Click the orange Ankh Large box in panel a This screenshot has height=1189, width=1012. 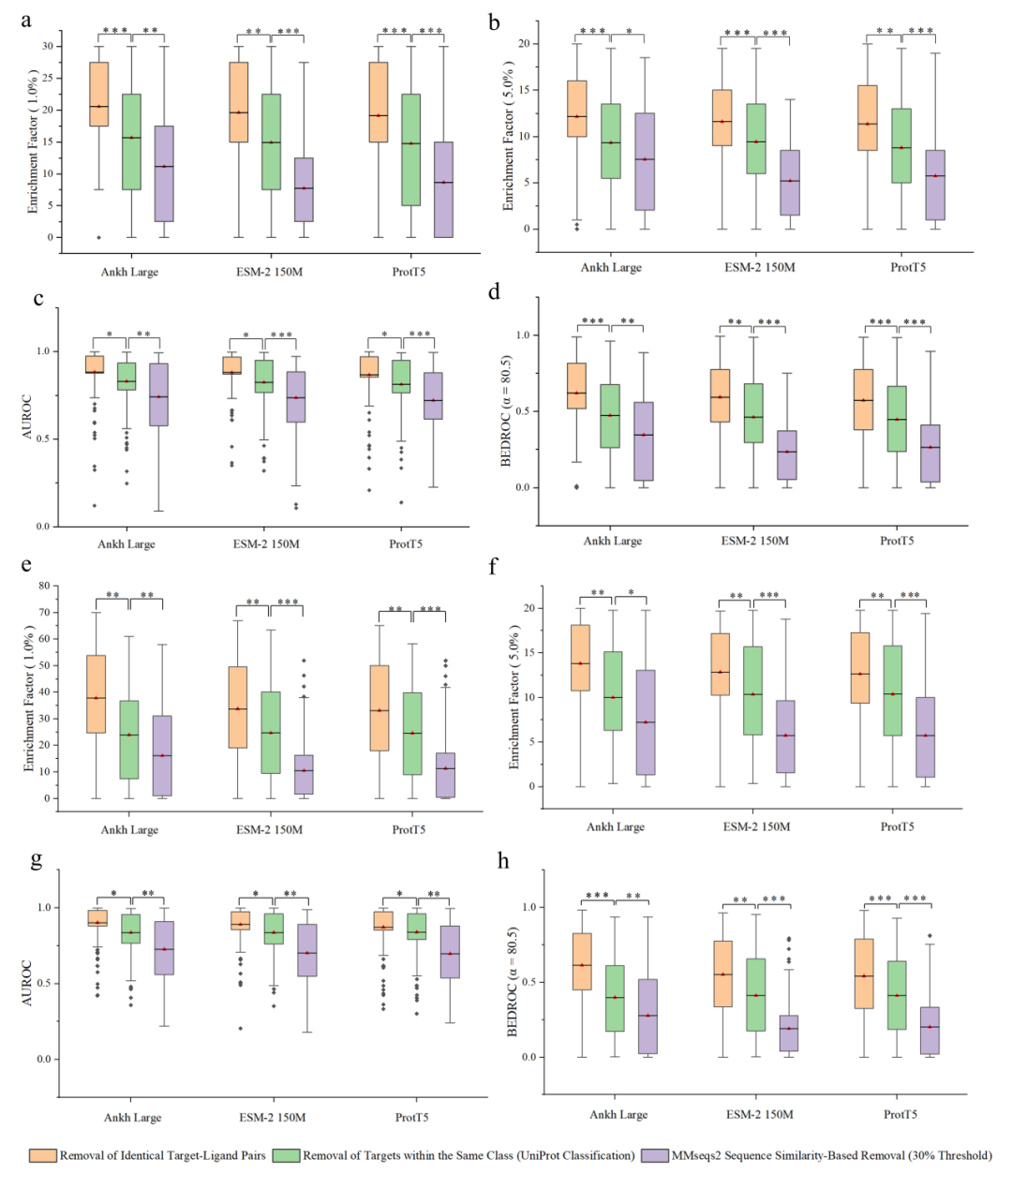(98, 94)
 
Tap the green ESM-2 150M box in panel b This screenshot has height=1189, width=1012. (755, 139)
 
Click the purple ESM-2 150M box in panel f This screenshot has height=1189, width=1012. (785, 736)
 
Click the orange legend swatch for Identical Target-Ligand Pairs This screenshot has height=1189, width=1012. (42, 1155)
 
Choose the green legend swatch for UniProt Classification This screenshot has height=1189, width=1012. (286, 1155)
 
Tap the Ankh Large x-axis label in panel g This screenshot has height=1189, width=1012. (132, 1117)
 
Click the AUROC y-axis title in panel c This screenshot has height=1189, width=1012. (27, 420)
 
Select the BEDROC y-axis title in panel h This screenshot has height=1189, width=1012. (512, 981)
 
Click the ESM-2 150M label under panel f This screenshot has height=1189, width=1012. (756, 826)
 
